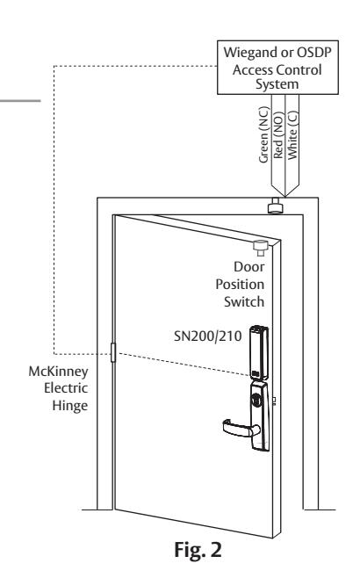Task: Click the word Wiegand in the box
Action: pos(250,53)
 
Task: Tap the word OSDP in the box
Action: pos(314,53)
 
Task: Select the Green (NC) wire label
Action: pos(264,134)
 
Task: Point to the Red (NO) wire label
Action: pos(278,135)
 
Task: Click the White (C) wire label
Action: pos(292,135)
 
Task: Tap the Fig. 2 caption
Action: pos(198,551)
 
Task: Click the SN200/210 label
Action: pos(208,336)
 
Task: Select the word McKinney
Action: pos(58,372)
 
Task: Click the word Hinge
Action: pos(70,406)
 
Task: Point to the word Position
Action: pos(240,285)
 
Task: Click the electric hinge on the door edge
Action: pos(113,352)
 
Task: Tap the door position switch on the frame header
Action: pos(276,206)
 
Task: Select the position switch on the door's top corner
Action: pos(261,248)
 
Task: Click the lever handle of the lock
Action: pos(241,429)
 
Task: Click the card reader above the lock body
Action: pos(259,352)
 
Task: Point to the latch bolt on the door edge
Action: pos(274,401)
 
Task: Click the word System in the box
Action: pos(277,84)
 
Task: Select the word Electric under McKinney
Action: pos(66,388)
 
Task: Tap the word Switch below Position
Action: pos(244,301)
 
